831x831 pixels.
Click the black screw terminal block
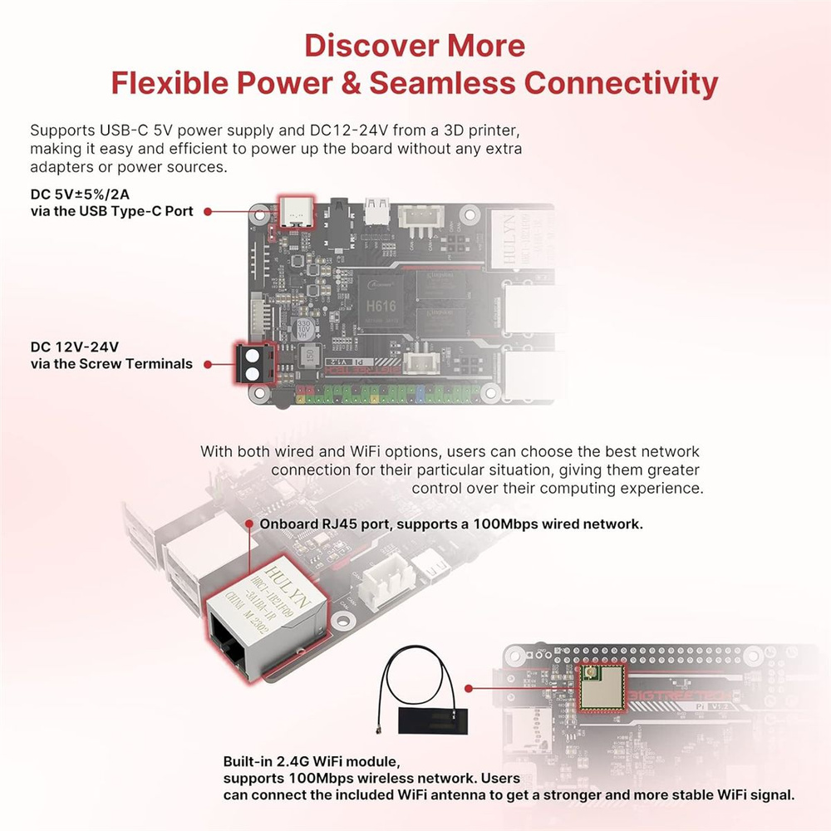pos(253,363)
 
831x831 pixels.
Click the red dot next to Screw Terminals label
pos(206,363)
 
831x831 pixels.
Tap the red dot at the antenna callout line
pos(470,689)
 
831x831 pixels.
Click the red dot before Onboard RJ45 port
pos(250,524)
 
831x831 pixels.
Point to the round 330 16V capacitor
pos(305,328)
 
